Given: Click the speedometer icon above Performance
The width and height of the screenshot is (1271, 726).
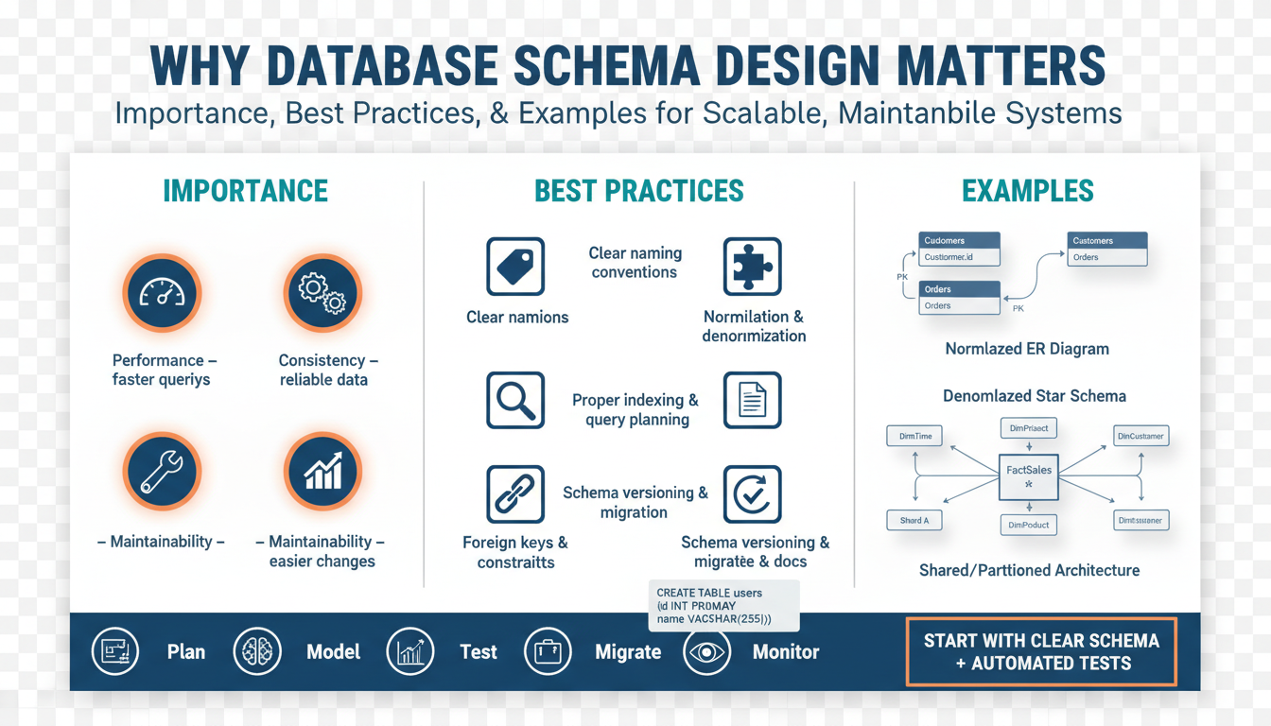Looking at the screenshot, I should (161, 293).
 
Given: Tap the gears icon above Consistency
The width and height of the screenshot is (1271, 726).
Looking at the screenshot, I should (322, 293).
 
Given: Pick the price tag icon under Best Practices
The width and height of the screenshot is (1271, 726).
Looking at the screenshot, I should (515, 267).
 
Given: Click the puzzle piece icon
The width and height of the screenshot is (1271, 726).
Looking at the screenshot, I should (752, 267).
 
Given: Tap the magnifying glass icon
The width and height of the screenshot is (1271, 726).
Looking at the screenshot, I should (515, 401).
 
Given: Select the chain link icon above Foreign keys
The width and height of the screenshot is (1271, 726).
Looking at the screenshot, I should (515, 494).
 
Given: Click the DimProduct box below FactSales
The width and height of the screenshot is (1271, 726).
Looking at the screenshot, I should (1029, 525).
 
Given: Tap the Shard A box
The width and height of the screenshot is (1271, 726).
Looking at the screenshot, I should (914, 520).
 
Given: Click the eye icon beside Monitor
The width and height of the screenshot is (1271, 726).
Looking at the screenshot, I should (706, 652).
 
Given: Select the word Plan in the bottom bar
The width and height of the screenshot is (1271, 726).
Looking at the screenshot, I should (186, 652).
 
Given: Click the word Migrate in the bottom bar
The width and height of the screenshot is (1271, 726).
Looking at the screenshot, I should (628, 652).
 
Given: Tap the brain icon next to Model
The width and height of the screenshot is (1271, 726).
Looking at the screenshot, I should (257, 652).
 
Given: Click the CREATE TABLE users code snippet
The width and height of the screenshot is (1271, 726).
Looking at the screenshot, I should (723, 606).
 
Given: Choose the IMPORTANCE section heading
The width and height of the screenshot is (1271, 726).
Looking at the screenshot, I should (246, 191).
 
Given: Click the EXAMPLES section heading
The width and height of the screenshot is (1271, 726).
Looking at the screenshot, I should (1028, 191).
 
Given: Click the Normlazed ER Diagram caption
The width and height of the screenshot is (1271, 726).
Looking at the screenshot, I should (1027, 349).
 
